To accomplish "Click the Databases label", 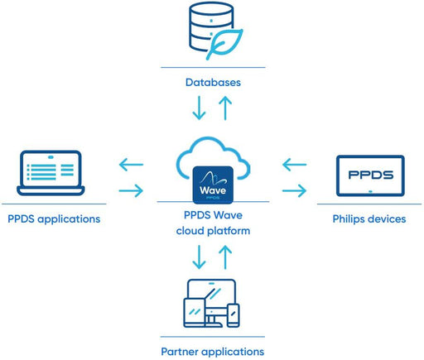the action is click(x=213, y=82).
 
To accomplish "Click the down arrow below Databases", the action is click(x=199, y=108).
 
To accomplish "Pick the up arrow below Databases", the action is click(x=225, y=108).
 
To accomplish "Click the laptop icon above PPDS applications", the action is click(x=51, y=173).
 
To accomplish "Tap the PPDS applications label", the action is click(x=54, y=219).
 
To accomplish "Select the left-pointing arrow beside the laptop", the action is click(x=131, y=165).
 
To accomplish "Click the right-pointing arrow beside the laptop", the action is click(x=131, y=190).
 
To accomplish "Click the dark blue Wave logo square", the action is click(x=213, y=185).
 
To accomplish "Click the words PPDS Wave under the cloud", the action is click(x=213, y=215).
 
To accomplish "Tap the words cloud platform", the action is click(x=213, y=231).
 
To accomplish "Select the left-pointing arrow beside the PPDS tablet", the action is click(x=294, y=165).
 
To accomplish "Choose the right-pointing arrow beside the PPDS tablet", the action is click(x=294, y=190).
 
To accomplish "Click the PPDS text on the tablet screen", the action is click(x=370, y=175).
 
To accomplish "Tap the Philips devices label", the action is click(x=369, y=219).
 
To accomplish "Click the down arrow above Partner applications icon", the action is click(x=199, y=257).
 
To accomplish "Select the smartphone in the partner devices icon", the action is click(x=234, y=315).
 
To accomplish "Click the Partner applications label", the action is click(x=213, y=352).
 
